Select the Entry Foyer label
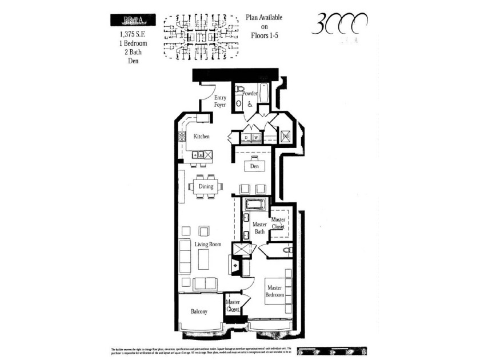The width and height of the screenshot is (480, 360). pyautogui.click(x=219, y=101)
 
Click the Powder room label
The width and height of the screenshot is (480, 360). pyautogui.click(x=250, y=93)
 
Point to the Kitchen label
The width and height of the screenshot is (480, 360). pyautogui.click(x=201, y=137)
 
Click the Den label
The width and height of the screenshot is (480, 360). pyautogui.click(x=255, y=166)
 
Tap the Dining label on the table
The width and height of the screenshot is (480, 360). pyautogui.click(x=206, y=186)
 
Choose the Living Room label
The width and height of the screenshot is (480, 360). pyautogui.click(x=207, y=245)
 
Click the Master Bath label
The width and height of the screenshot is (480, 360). pyautogui.click(x=259, y=228)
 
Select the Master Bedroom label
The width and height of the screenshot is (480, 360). pyautogui.click(x=274, y=291)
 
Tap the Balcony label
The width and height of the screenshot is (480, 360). pyautogui.click(x=199, y=311)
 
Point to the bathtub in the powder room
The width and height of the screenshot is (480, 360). pyautogui.click(x=263, y=93)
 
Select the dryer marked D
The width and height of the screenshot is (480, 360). pyautogui.click(x=246, y=138)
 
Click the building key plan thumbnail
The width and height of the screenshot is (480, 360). pyautogui.click(x=202, y=36)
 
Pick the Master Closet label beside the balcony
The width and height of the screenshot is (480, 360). pyautogui.click(x=233, y=306)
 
